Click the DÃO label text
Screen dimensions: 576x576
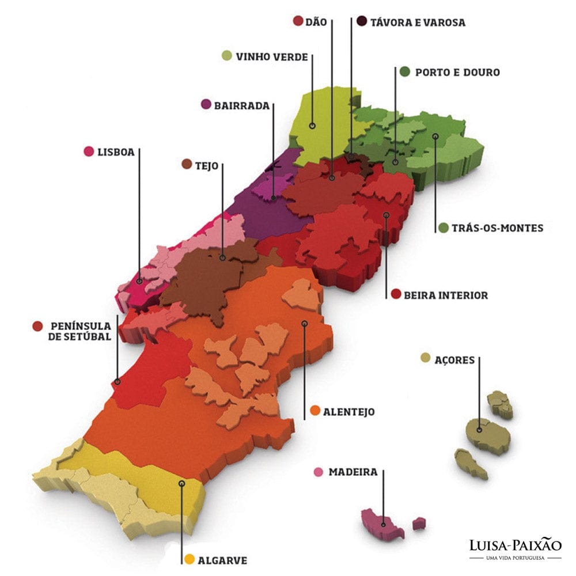click(x=317, y=22)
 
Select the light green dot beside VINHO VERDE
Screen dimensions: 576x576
click(x=228, y=56)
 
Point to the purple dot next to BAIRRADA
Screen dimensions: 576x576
click(x=206, y=105)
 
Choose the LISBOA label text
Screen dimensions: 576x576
click(x=116, y=152)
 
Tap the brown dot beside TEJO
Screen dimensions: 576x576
click(x=187, y=165)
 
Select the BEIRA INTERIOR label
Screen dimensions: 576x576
click(x=446, y=295)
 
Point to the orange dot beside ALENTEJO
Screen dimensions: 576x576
click(x=315, y=411)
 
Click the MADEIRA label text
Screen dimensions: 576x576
click(x=353, y=472)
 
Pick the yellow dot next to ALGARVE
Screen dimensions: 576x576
click(x=189, y=560)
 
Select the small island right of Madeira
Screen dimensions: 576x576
click(x=419, y=524)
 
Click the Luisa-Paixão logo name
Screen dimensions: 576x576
click(x=515, y=546)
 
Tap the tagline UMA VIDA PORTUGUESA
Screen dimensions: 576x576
click(x=515, y=559)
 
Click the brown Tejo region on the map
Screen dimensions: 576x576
click(x=207, y=282)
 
